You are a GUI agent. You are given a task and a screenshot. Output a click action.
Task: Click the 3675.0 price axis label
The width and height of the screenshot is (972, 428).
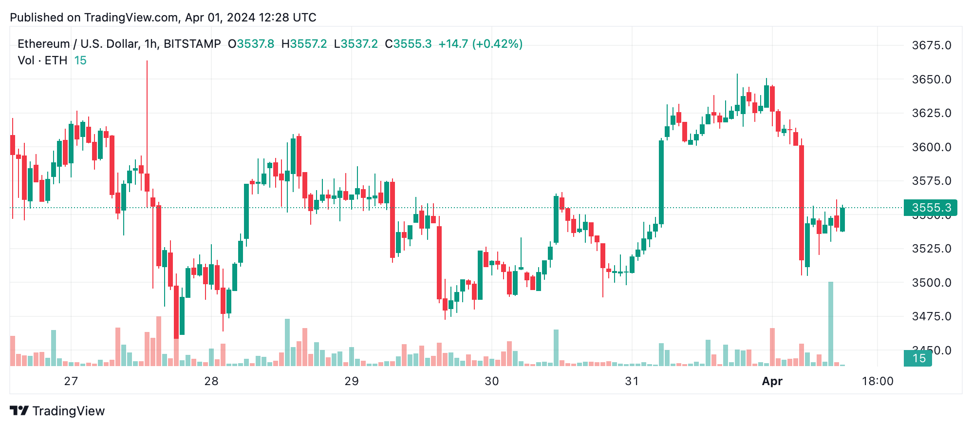(x=931, y=45)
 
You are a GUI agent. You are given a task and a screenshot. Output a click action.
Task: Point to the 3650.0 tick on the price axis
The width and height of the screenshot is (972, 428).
(x=931, y=79)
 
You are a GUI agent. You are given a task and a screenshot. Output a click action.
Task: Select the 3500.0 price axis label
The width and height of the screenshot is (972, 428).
(x=931, y=283)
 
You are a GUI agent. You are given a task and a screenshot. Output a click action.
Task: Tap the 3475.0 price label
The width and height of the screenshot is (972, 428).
(x=931, y=316)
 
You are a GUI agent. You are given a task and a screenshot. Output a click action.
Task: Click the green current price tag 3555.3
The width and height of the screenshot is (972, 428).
(x=930, y=208)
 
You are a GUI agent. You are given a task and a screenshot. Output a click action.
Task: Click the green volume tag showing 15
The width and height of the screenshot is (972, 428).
(x=918, y=358)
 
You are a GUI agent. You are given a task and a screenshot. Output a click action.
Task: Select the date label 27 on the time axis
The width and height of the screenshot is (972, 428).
(x=71, y=381)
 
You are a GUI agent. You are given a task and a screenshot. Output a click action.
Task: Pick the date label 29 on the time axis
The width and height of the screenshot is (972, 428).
(x=352, y=381)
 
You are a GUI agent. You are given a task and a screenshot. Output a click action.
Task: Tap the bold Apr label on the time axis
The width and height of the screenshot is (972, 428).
(x=772, y=381)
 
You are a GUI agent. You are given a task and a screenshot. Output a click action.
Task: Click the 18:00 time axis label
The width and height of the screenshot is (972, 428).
(x=878, y=381)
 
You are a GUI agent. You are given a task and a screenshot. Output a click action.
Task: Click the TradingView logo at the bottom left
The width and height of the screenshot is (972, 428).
(x=57, y=411)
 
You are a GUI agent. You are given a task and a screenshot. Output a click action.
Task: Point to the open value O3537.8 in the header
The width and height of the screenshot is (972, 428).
(x=251, y=44)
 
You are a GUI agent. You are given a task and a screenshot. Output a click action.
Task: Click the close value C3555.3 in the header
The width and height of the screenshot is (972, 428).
(x=408, y=44)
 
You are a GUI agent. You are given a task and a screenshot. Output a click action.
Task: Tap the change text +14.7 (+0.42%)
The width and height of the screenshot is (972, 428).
(x=480, y=44)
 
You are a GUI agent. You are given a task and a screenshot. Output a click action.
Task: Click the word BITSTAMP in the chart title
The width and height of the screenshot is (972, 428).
(x=192, y=44)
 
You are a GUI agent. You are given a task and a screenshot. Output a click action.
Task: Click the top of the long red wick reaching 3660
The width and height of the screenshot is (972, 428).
(x=147, y=61)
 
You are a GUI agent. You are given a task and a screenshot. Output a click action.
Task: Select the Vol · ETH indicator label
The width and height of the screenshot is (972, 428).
(x=42, y=60)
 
